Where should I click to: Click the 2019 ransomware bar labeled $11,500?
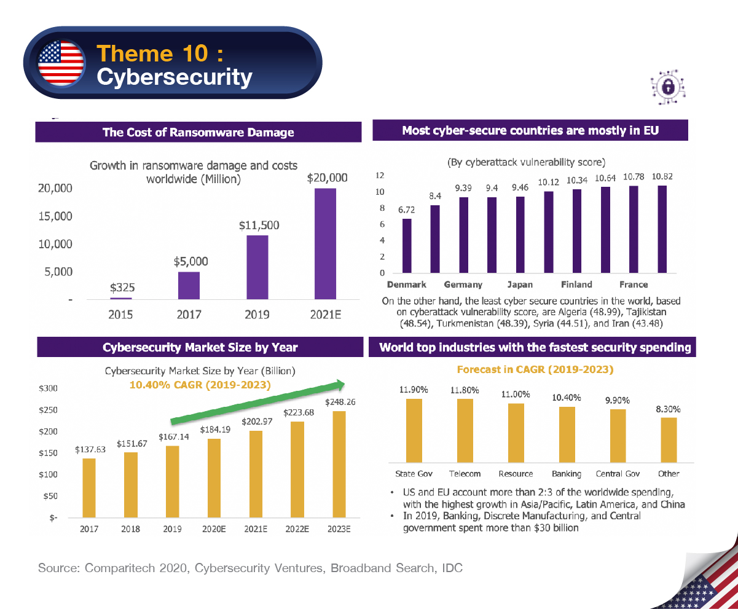(257, 267)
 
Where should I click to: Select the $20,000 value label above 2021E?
(327, 178)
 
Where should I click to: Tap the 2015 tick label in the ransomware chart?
(120, 315)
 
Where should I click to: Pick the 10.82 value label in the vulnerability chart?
(662, 177)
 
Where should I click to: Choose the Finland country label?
(576, 285)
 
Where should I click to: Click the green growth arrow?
(257, 403)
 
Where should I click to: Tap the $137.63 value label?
(90, 450)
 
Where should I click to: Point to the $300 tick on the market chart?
(48, 388)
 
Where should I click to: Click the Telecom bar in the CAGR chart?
(465, 430)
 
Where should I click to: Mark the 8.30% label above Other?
(669, 409)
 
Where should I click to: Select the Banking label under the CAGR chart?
(567, 474)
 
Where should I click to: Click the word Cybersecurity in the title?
(175, 77)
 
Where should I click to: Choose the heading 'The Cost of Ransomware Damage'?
(198, 132)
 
